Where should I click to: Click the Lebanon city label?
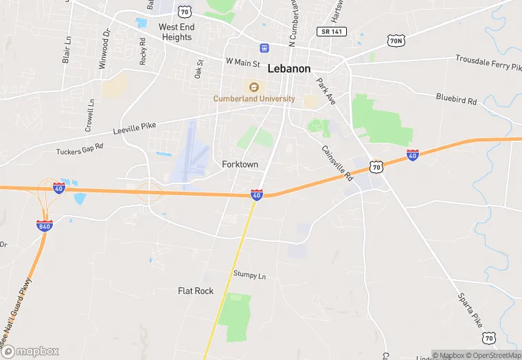click(289, 69)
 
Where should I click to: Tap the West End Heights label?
click(176, 32)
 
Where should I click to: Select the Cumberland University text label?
click(254, 99)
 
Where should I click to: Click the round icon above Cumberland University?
click(254, 87)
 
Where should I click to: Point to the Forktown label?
click(240, 165)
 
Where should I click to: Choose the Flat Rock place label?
click(196, 291)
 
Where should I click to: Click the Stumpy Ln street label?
click(249, 275)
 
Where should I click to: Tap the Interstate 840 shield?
click(45, 225)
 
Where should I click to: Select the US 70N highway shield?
click(396, 41)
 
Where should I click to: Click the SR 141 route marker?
click(332, 32)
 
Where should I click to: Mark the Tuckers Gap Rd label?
click(79, 148)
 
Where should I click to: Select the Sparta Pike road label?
click(471, 309)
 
